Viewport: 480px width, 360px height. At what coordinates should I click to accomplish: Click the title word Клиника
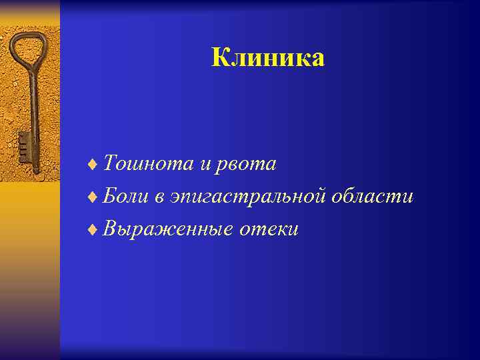point(268,58)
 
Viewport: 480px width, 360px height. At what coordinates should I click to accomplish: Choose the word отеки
point(269,230)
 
